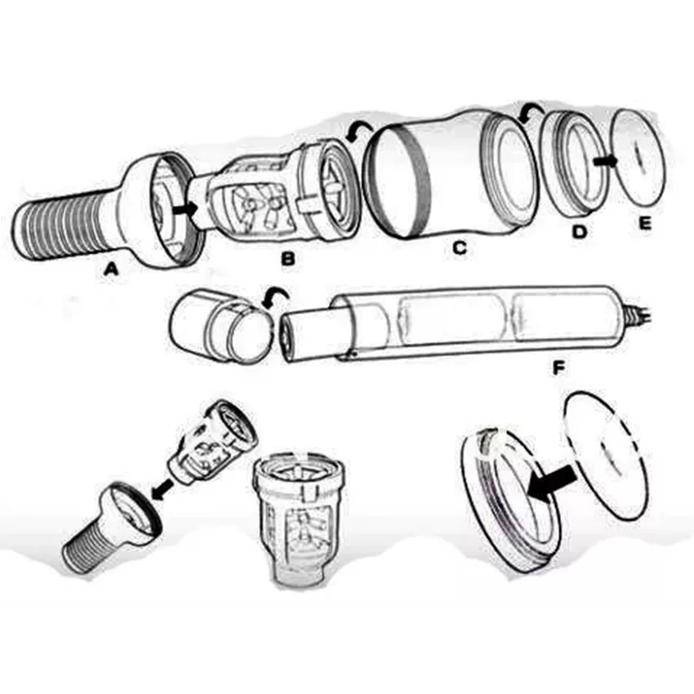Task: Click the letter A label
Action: click(111, 269)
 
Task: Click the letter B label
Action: click(288, 259)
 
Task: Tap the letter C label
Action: click(460, 248)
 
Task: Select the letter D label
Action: click(579, 231)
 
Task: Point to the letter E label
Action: click(645, 223)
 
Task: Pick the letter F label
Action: click(559, 367)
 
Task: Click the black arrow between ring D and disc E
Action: click(605, 162)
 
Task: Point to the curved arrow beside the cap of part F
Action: click(275, 296)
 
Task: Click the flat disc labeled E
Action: click(638, 157)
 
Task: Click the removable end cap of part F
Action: click(220, 327)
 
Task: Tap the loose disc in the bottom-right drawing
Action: click(606, 456)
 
